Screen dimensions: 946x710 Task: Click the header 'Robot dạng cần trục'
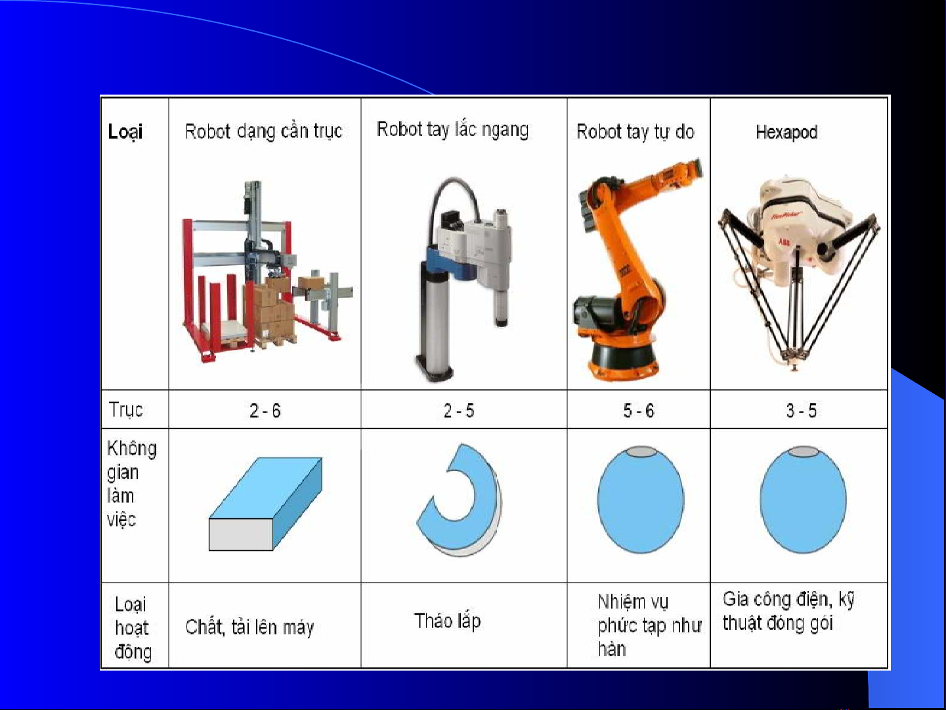click(263, 131)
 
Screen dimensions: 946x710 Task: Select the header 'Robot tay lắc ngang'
click(452, 129)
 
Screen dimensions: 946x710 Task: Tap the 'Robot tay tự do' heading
click(635, 132)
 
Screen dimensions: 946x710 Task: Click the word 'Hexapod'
click(786, 132)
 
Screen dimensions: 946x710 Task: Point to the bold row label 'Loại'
click(125, 132)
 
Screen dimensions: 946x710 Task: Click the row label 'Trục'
click(125, 410)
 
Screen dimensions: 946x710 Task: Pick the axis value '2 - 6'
click(265, 410)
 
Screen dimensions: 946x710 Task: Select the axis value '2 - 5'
click(459, 410)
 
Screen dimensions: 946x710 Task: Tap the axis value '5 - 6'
click(638, 410)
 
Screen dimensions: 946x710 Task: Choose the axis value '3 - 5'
click(801, 410)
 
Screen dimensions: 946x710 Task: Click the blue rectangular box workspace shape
click(265, 504)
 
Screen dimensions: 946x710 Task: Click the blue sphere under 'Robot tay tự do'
click(641, 500)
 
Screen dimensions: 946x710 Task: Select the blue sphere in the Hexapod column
click(803, 500)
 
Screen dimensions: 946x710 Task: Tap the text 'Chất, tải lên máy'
click(249, 627)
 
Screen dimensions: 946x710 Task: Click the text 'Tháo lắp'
click(447, 621)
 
